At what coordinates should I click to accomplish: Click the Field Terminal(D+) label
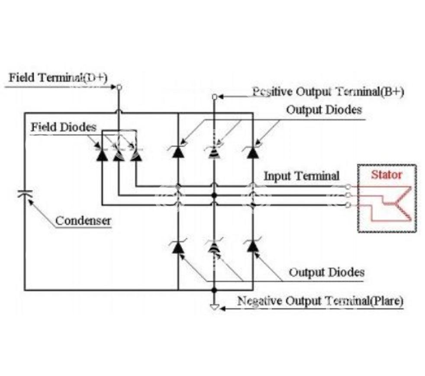(x=58, y=78)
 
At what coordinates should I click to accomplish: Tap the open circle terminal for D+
(x=119, y=87)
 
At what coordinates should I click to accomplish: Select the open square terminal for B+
(x=214, y=97)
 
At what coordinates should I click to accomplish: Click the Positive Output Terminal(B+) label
(x=328, y=92)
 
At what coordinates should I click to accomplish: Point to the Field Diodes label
(x=64, y=127)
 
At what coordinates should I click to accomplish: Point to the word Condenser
(x=83, y=221)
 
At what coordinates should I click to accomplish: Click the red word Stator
(x=386, y=175)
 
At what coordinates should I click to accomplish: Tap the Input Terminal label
(x=301, y=176)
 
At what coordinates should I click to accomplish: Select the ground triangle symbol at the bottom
(x=214, y=307)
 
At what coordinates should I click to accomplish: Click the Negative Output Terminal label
(x=320, y=301)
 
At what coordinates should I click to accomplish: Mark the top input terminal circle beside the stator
(x=348, y=186)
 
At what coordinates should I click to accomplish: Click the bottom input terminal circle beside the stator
(x=348, y=205)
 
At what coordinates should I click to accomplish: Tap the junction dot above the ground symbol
(x=214, y=290)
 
